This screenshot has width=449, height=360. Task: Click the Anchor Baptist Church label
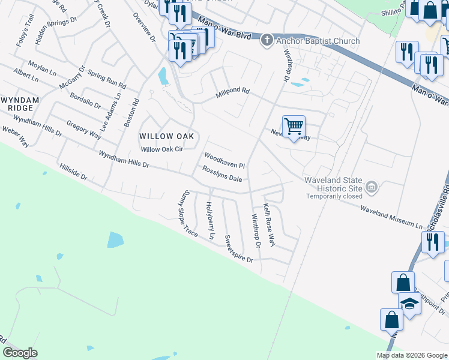(318, 41)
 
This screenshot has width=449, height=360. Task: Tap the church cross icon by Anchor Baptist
(267, 41)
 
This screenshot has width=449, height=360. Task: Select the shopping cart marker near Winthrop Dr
(294, 127)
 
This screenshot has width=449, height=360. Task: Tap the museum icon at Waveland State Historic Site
(372, 188)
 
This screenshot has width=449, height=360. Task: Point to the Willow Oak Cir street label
(161, 149)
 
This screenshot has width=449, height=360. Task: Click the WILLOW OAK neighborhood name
(166, 136)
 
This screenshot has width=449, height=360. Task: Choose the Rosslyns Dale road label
(222, 175)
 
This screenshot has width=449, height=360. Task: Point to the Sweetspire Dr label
(238, 248)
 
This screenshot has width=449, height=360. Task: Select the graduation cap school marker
(411, 303)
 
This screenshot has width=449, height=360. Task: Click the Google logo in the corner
(20, 353)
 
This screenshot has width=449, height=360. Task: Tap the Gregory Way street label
(83, 130)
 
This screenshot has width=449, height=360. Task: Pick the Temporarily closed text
(334, 196)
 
